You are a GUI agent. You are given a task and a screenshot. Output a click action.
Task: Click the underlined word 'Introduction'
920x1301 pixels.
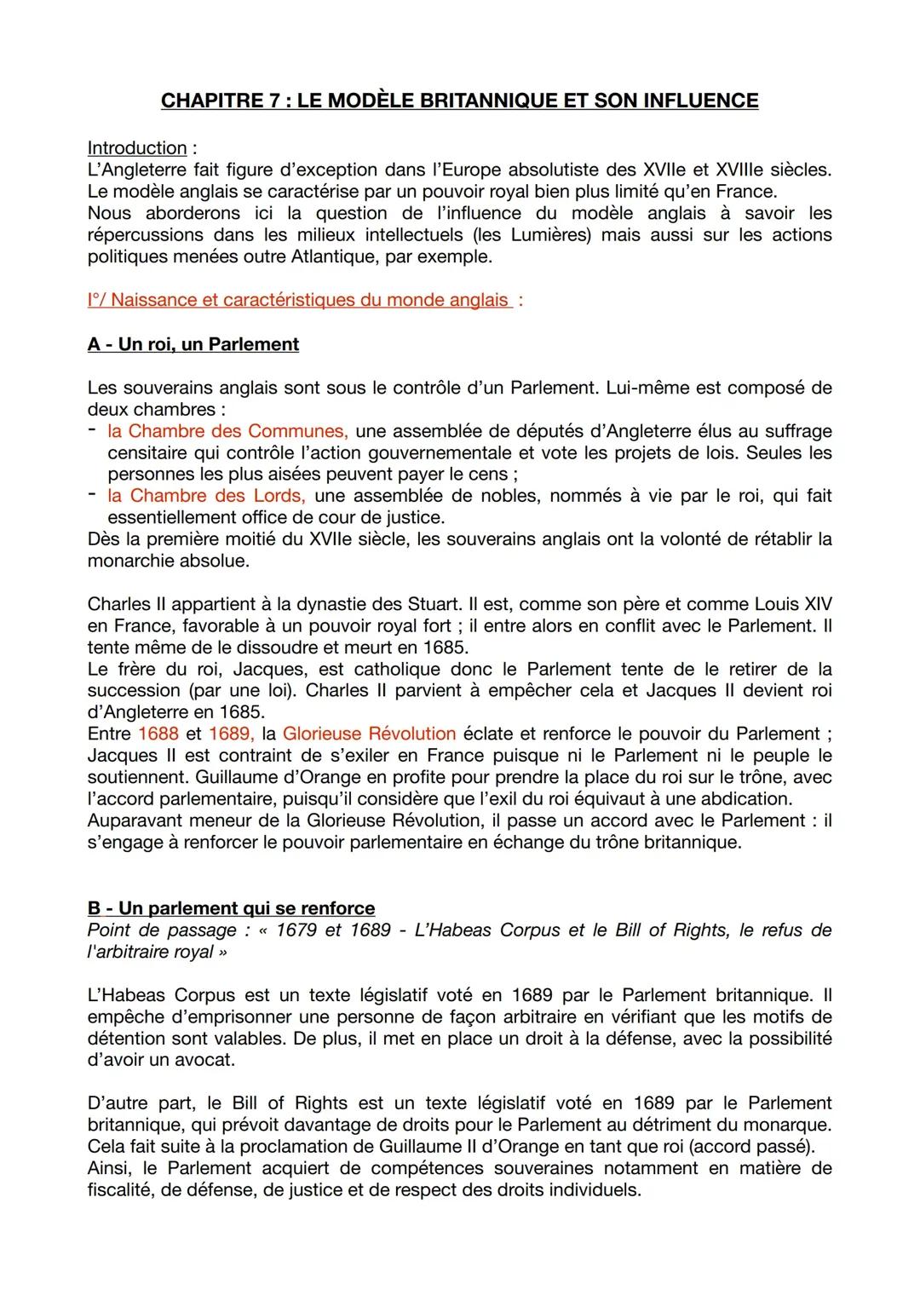pos(137,147)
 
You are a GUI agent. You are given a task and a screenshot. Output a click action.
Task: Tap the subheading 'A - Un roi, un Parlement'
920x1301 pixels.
pos(193,344)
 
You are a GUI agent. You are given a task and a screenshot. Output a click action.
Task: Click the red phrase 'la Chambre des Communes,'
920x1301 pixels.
pos(227,431)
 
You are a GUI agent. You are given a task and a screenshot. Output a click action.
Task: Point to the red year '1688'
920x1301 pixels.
pos(158,734)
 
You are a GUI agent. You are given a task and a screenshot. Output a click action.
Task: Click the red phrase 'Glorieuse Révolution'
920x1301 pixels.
pos(369,734)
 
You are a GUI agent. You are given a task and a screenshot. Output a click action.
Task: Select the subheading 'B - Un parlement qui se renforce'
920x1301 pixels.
pos(231,908)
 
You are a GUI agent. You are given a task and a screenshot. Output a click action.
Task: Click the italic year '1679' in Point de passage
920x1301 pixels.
pos(296,930)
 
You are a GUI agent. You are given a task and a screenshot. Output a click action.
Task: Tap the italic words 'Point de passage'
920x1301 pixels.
pos(162,930)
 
